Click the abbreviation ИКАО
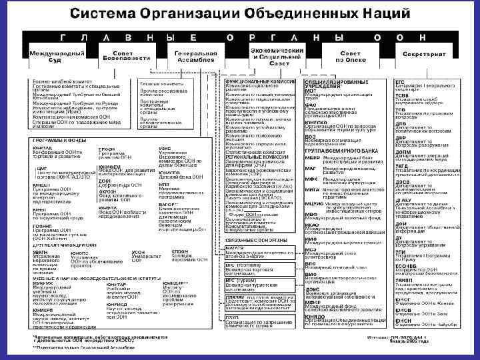pos(311,225)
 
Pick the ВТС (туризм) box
pos(259,283)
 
